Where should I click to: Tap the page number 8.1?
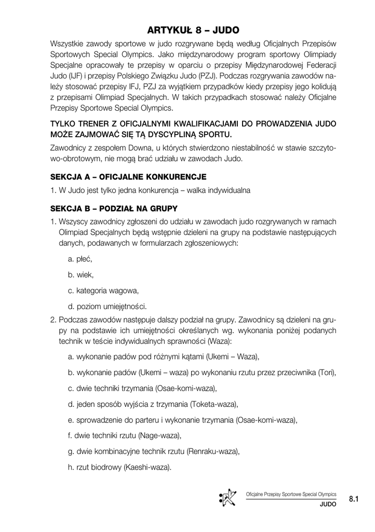[355, 499]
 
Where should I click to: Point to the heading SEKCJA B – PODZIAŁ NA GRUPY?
[114, 209]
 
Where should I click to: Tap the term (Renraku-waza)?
[212, 451]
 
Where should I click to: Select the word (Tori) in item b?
[326, 373]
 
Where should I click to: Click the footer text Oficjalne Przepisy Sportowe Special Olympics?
[291, 494]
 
